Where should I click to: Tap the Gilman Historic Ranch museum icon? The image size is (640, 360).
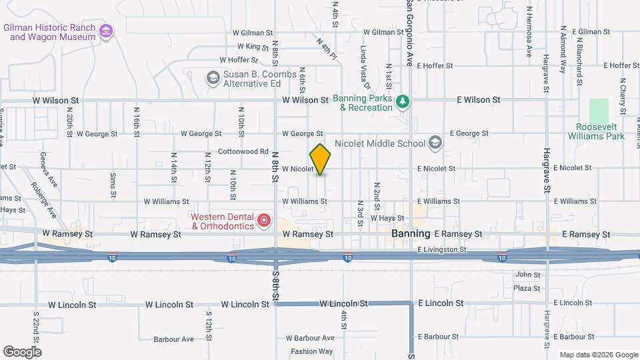105,31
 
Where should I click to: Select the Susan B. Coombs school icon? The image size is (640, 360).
213,78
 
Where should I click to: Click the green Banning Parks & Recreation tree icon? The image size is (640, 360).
402,101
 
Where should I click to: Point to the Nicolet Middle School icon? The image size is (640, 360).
435,143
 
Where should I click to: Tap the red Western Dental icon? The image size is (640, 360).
264,220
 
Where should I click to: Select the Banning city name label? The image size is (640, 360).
411,234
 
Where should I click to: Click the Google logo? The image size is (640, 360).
22,352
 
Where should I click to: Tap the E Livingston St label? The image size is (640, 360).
442,249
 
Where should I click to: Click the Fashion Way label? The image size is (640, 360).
311,351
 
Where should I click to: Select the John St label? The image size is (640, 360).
527,275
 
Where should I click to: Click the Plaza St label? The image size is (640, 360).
527,288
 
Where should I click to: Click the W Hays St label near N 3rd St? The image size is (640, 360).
387,218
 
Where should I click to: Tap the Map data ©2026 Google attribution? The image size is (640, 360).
598,355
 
